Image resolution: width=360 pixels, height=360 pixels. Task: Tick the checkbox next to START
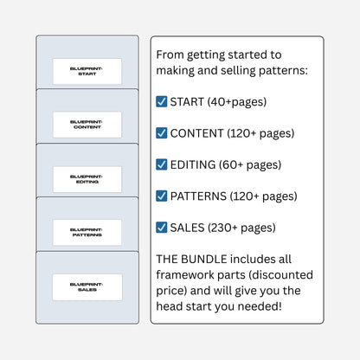(x=162, y=101)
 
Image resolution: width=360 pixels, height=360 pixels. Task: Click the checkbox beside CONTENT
(x=162, y=133)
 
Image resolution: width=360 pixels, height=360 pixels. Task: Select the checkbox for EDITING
(x=162, y=164)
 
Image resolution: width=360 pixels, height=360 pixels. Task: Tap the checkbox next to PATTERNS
(x=162, y=196)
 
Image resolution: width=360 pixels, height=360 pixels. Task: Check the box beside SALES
(x=162, y=228)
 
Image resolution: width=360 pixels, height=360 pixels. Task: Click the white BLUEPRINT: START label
(x=87, y=71)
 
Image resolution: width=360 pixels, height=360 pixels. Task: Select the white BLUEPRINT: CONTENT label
(x=87, y=125)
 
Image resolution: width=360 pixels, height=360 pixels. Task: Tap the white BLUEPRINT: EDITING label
(x=87, y=179)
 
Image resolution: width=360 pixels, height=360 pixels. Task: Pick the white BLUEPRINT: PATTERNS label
(x=87, y=233)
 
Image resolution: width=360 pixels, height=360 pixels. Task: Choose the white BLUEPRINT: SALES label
(x=87, y=287)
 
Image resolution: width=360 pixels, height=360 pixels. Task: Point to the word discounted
(x=280, y=274)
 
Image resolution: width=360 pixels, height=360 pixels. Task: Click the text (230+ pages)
(x=241, y=228)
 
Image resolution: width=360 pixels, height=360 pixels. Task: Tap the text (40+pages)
(x=237, y=102)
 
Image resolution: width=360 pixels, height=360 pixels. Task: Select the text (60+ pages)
(x=250, y=165)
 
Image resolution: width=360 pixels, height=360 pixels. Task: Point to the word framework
(x=185, y=274)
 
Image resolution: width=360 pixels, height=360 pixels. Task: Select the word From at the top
(x=170, y=55)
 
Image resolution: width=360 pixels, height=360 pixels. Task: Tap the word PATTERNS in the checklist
(x=198, y=196)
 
